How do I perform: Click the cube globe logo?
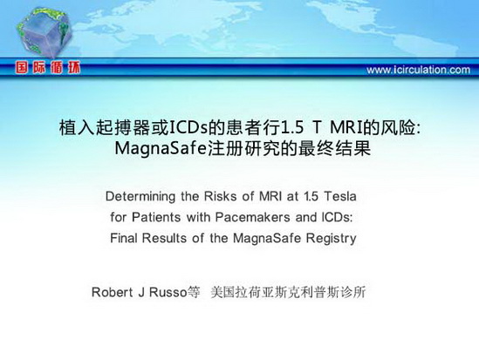[44, 32]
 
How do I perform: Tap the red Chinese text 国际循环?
[48, 67]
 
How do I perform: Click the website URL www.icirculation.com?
[418, 70]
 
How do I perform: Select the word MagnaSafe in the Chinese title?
[161, 148]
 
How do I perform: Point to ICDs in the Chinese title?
[188, 128]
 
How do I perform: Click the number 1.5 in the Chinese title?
[291, 128]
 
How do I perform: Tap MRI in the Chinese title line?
[347, 128]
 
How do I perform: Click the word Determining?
[140, 197]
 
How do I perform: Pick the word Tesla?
[340, 196]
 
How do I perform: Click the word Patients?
[156, 217]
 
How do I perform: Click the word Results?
[164, 238]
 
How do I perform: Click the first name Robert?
[112, 292]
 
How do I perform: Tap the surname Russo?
[168, 292]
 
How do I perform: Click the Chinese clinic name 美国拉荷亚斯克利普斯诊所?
[288, 292]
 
